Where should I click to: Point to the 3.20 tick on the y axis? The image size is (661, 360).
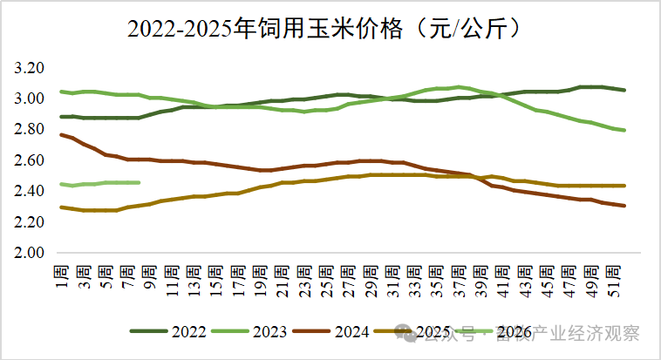tap(31, 68)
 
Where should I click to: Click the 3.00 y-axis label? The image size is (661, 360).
tap(31, 98)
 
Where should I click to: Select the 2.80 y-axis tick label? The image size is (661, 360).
tap(31, 130)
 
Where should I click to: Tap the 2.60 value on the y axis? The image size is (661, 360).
tap(31, 160)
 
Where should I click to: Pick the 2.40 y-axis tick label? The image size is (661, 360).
tap(31, 191)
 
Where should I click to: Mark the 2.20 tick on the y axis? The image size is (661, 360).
tap(31, 222)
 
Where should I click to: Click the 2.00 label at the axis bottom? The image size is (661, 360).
tap(31, 253)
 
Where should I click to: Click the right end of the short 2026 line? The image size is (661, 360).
tap(140, 182)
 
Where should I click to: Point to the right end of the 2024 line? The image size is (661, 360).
tap(624, 206)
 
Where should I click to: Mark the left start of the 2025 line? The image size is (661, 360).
tap(61, 207)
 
